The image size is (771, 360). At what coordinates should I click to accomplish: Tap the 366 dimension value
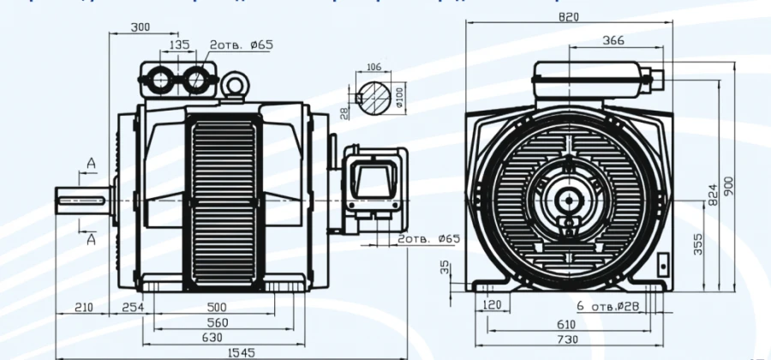(613, 39)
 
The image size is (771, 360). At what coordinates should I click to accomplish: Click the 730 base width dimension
(567, 340)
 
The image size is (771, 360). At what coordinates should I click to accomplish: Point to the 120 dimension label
(492, 305)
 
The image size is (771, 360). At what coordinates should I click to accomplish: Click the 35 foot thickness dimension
(444, 268)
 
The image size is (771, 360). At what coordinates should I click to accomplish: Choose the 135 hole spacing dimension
(179, 45)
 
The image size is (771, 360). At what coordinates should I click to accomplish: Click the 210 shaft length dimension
(84, 306)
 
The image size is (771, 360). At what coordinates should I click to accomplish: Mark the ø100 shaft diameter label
(399, 98)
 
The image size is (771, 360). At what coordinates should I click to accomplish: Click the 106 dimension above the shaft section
(374, 66)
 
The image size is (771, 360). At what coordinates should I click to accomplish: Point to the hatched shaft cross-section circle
(374, 98)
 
